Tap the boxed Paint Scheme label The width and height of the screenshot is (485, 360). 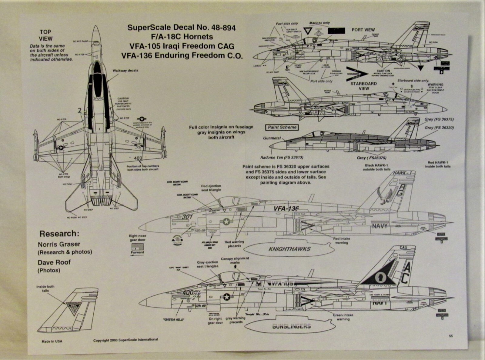[x=282, y=127]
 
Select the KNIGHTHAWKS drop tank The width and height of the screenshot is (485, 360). [x=289, y=249]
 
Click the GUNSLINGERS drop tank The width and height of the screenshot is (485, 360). [x=291, y=326]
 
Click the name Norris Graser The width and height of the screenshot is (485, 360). [x=59, y=244]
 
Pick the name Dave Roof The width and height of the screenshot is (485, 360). [x=54, y=262]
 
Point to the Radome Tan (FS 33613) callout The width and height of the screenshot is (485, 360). [x=282, y=158]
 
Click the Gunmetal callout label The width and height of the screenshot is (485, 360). [x=272, y=138]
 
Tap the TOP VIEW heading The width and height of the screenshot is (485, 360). [x=45, y=35]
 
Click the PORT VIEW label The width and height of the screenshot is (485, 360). [x=363, y=30]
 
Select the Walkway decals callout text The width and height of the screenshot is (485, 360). [x=125, y=71]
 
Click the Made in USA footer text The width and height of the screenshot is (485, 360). [x=52, y=342]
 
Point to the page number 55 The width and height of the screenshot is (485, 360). [x=451, y=336]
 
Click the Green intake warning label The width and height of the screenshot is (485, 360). [x=343, y=317]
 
